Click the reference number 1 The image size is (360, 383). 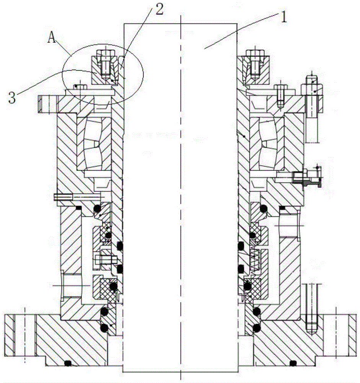(x=283, y=18)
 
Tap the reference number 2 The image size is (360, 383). (x=160, y=9)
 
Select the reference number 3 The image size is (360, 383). (x=12, y=98)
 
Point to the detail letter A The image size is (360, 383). (x=52, y=38)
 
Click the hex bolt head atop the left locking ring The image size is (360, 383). (x=106, y=53)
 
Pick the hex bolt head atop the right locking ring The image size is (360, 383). (x=255, y=53)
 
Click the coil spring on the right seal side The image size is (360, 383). (x=254, y=259)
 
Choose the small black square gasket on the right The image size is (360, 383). (x=282, y=208)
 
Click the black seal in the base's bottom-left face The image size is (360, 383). (x=68, y=364)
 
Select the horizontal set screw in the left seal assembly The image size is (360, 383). (x=106, y=259)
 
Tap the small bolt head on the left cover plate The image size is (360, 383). (x=81, y=87)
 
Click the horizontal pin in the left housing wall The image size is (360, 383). (x=63, y=196)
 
